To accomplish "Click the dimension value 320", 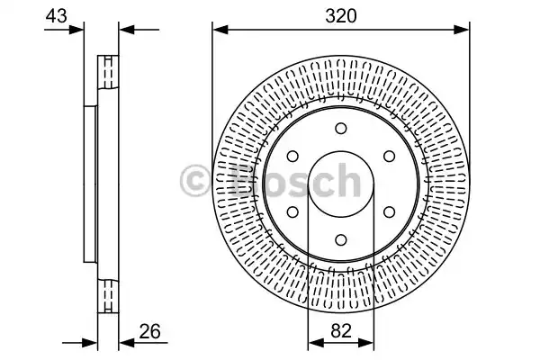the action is click(341, 16).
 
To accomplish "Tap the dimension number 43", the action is click(56, 16).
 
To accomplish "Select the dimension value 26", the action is click(149, 331).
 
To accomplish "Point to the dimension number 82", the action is click(341, 330).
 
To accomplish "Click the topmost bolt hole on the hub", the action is click(341, 129).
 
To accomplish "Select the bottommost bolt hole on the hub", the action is click(341, 239).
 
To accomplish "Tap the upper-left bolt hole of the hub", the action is click(292, 157).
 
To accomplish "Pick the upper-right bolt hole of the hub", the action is click(389, 157).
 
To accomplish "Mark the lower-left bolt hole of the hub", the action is click(292, 211).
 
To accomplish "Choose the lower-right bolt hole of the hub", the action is click(389, 211).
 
